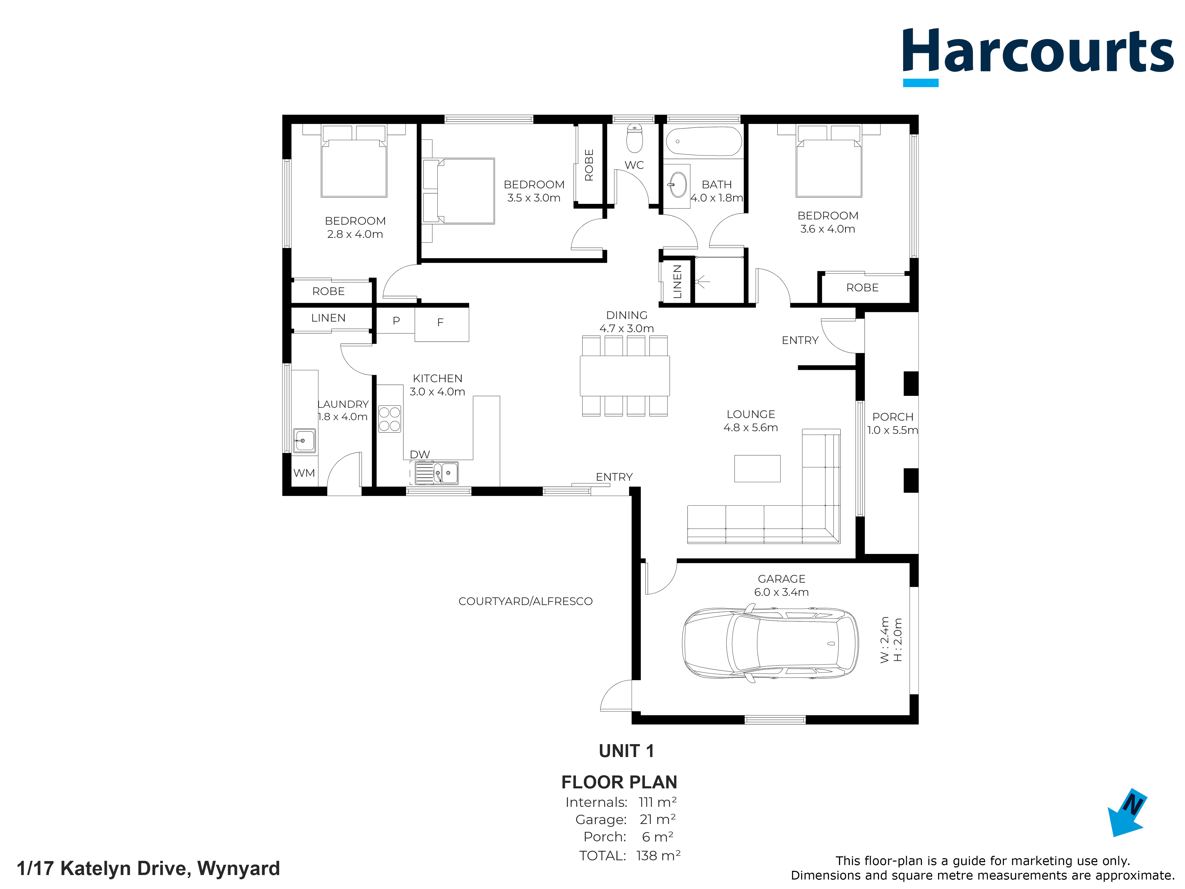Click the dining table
(625, 376)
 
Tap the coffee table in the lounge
(757, 468)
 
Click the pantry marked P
(396, 321)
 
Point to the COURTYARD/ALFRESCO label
(526, 601)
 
